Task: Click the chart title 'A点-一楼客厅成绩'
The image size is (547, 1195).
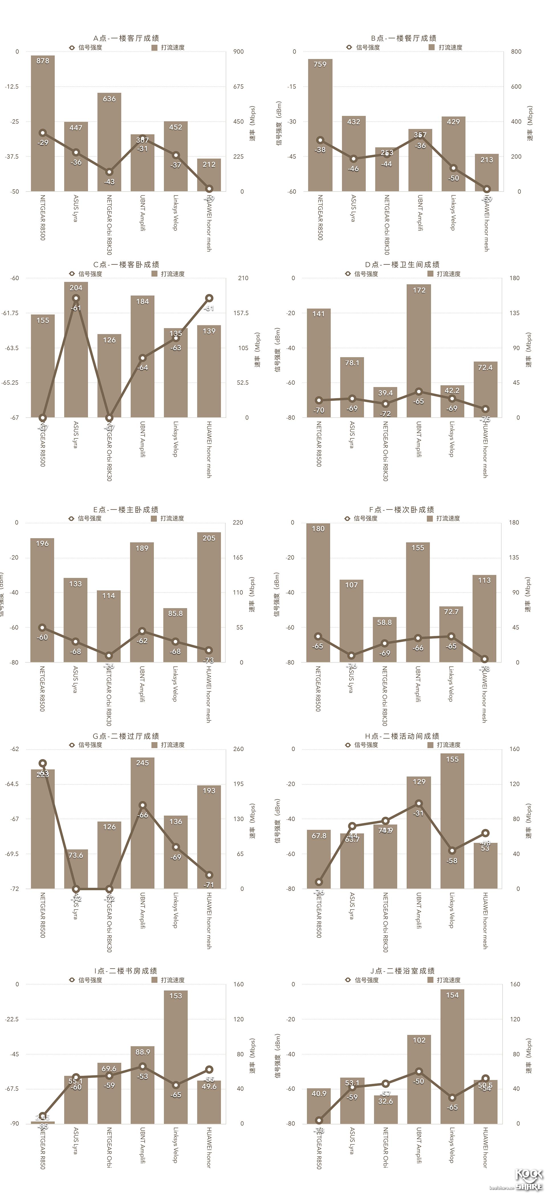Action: [x=126, y=38]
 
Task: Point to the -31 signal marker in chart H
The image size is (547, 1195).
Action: [x=419, y=803]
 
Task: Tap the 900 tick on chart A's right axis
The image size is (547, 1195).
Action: [x=238, y=51]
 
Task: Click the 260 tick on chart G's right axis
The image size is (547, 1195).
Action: [x=238, y=749]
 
